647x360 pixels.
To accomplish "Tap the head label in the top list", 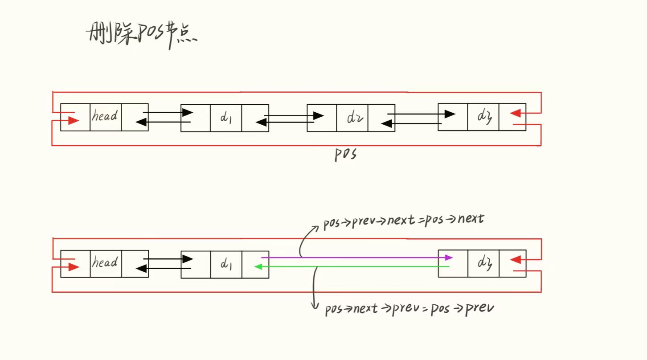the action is [x=105, y=117].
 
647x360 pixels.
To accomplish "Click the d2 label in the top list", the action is [x=352, y=119].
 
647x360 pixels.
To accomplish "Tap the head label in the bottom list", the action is [x=105, y=263].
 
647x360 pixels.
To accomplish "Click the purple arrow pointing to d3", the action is [x=356, y=258].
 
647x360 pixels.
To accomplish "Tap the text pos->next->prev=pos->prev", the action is [x=409, y=308].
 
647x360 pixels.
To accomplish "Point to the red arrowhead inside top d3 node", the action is [x=515, y=113].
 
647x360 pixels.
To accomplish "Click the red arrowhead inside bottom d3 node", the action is [x=515, y=259].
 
